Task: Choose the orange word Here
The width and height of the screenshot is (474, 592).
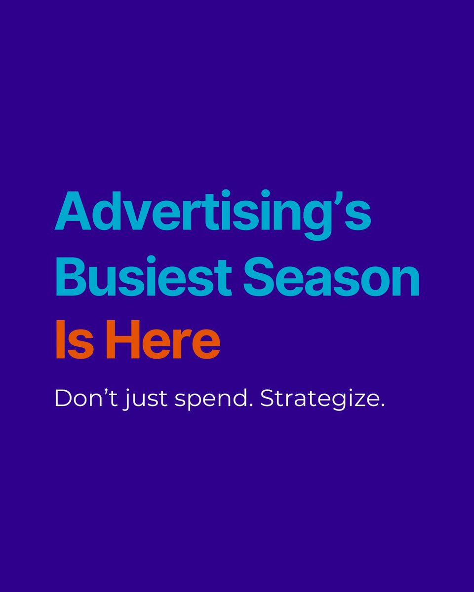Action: click(x=163, y=340)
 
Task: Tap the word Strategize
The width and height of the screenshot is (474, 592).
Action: click(x=320, y=399)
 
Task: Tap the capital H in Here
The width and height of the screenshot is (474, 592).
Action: click(x=119, y=340)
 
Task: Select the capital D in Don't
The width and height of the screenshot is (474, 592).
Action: click(x=64, y=399)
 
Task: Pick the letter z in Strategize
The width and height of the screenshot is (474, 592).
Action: click(x=358, y=401)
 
